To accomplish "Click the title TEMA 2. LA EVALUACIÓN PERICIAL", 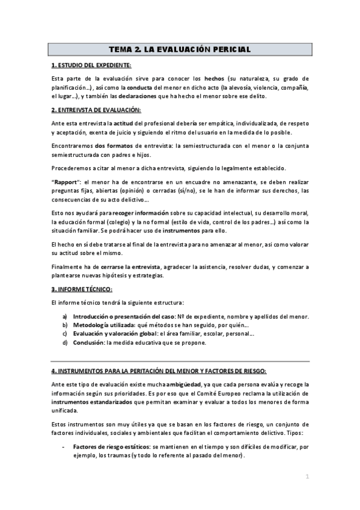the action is point(180,49).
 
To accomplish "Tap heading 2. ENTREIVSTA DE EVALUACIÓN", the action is point(96,110).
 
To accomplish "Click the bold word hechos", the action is point(214,78).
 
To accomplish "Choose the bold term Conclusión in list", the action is point(88,343).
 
